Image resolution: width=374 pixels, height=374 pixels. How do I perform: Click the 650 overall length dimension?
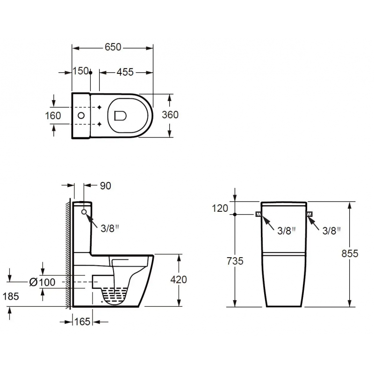113,47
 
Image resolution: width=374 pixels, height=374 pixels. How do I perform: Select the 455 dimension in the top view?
125,72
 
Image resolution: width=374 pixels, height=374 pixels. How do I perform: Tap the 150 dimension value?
80,71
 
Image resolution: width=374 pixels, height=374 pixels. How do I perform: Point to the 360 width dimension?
170,115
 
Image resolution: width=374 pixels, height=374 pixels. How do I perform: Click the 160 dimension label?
53,115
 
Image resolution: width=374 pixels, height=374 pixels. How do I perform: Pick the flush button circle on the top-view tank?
81,115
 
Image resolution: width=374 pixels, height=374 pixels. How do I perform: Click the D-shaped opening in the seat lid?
120,115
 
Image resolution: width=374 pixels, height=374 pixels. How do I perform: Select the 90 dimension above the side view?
106,186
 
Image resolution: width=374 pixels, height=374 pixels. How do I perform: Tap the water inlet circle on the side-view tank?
84,212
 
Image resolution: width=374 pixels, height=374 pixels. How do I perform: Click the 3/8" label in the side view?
109,229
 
